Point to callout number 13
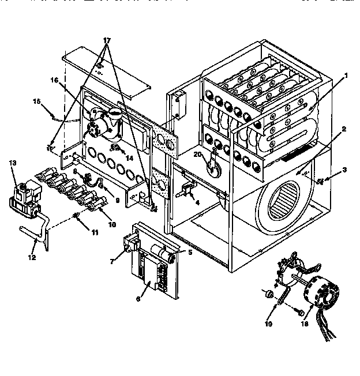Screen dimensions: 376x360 point(13,164)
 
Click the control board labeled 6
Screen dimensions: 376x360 point(152,262)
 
